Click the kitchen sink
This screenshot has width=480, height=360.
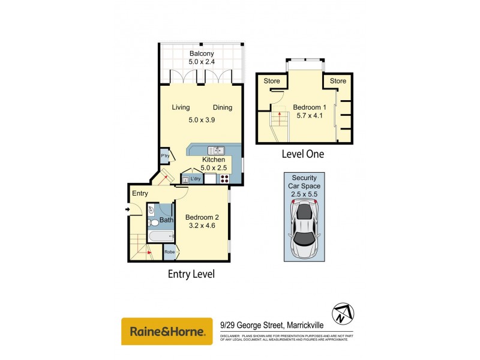click(216, 150)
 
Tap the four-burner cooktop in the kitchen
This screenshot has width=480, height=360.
click(226, 178)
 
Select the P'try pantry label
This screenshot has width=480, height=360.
click(164, 156)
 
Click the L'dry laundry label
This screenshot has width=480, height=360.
click(196, 179)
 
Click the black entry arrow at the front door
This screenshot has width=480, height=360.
click(127, 209)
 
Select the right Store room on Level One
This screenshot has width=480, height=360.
click(338, 81)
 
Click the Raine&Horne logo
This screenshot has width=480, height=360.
click(167, 331)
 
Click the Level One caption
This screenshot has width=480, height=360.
click(303, 154)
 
